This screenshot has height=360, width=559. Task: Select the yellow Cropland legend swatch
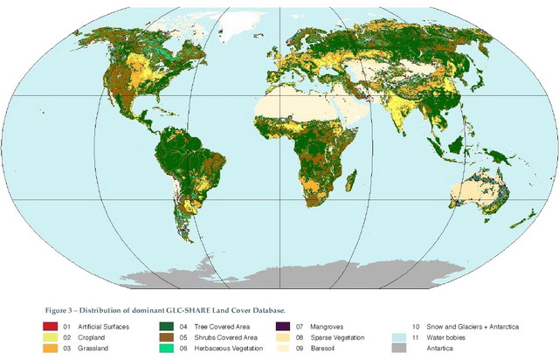[x=49, y=337]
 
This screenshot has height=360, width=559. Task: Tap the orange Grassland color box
[x=49, y=348]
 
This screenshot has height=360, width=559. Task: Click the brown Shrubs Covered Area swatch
[x=166, y=337]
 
